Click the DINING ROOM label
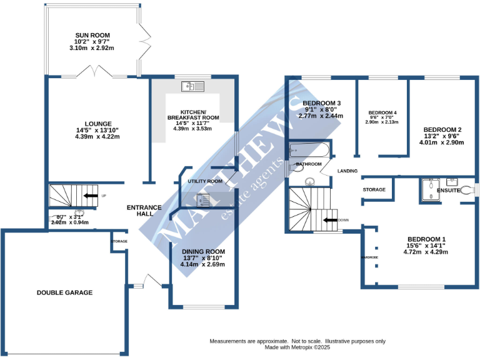pyautogui.click(x=204, y=251)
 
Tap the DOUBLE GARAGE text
pyautogui.click(x=64, y=292)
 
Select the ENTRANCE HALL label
pyautogui.click(x=144, y=211)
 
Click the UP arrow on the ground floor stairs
pyautogui.click(x=91, y=196)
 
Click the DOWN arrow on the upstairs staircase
pyautogui.click(x=329, y=220)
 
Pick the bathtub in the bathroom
pyautogui.click(x=309, y=150)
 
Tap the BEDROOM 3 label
pyautogui.click(x=321, y=103)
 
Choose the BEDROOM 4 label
pyautogui.click(x=383, y=112)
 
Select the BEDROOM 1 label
pyautogui.click(x=426, y=239)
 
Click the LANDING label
pyautogui.click(x=347, y=171)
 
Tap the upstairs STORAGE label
pyautogui.click(x=374, y=189)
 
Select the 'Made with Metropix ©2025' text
pyautogui.click(x=297, y=347)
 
